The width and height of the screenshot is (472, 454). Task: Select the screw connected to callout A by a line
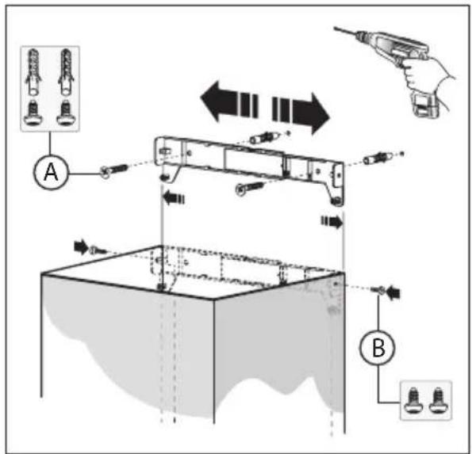pyautogui.click(x=113, y=170)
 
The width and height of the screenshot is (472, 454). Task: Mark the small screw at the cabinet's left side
pyautogui.click(x=95, y=250)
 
